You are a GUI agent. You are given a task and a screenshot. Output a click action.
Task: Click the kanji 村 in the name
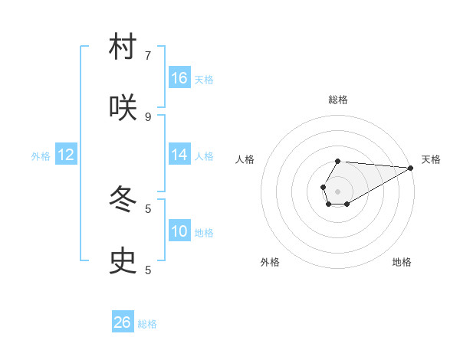pyautogui.click(x=123, y=47)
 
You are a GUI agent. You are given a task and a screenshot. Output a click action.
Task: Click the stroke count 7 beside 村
pyautogui.click(x=148, y=56)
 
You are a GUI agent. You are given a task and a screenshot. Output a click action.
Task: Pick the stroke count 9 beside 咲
pyautogui.click(x=148, y=117)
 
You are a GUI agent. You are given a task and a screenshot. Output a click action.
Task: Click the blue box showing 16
pyautogui.click(x=179, y=78)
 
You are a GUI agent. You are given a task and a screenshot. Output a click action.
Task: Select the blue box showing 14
pyautogui.click(x=179, y=155)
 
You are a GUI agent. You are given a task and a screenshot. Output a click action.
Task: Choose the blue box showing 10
pyautogui.click(x=179, y=231)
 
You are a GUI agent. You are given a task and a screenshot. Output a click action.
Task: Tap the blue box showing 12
pyautogui.click(x=66, y=155)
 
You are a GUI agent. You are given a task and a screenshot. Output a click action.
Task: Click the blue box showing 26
pyautogui.click(x=123, y=322)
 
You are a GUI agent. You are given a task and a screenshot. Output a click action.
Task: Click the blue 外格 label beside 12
pyautogui.click(x=41, y=156)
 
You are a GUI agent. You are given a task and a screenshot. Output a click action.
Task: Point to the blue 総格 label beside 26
pyautogui.click(x=147, y=324)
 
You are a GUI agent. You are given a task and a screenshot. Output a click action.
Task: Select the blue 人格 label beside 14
pyautogui.click(x=204, y=156)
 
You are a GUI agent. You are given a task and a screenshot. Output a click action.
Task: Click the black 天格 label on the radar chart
pyautogui.click(x=431, y=159)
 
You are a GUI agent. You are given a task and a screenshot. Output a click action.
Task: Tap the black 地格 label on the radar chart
pyautogui.click(x=402, y=262)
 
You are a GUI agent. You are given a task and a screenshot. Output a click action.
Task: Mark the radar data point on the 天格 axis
pyautogui.click(x=411, y=168)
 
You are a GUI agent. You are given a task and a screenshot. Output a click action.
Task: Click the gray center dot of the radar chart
pyautogui.click(x=337, y=191)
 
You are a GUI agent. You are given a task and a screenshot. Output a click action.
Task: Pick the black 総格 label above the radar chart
pyautogui.click(x=338, y=100)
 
